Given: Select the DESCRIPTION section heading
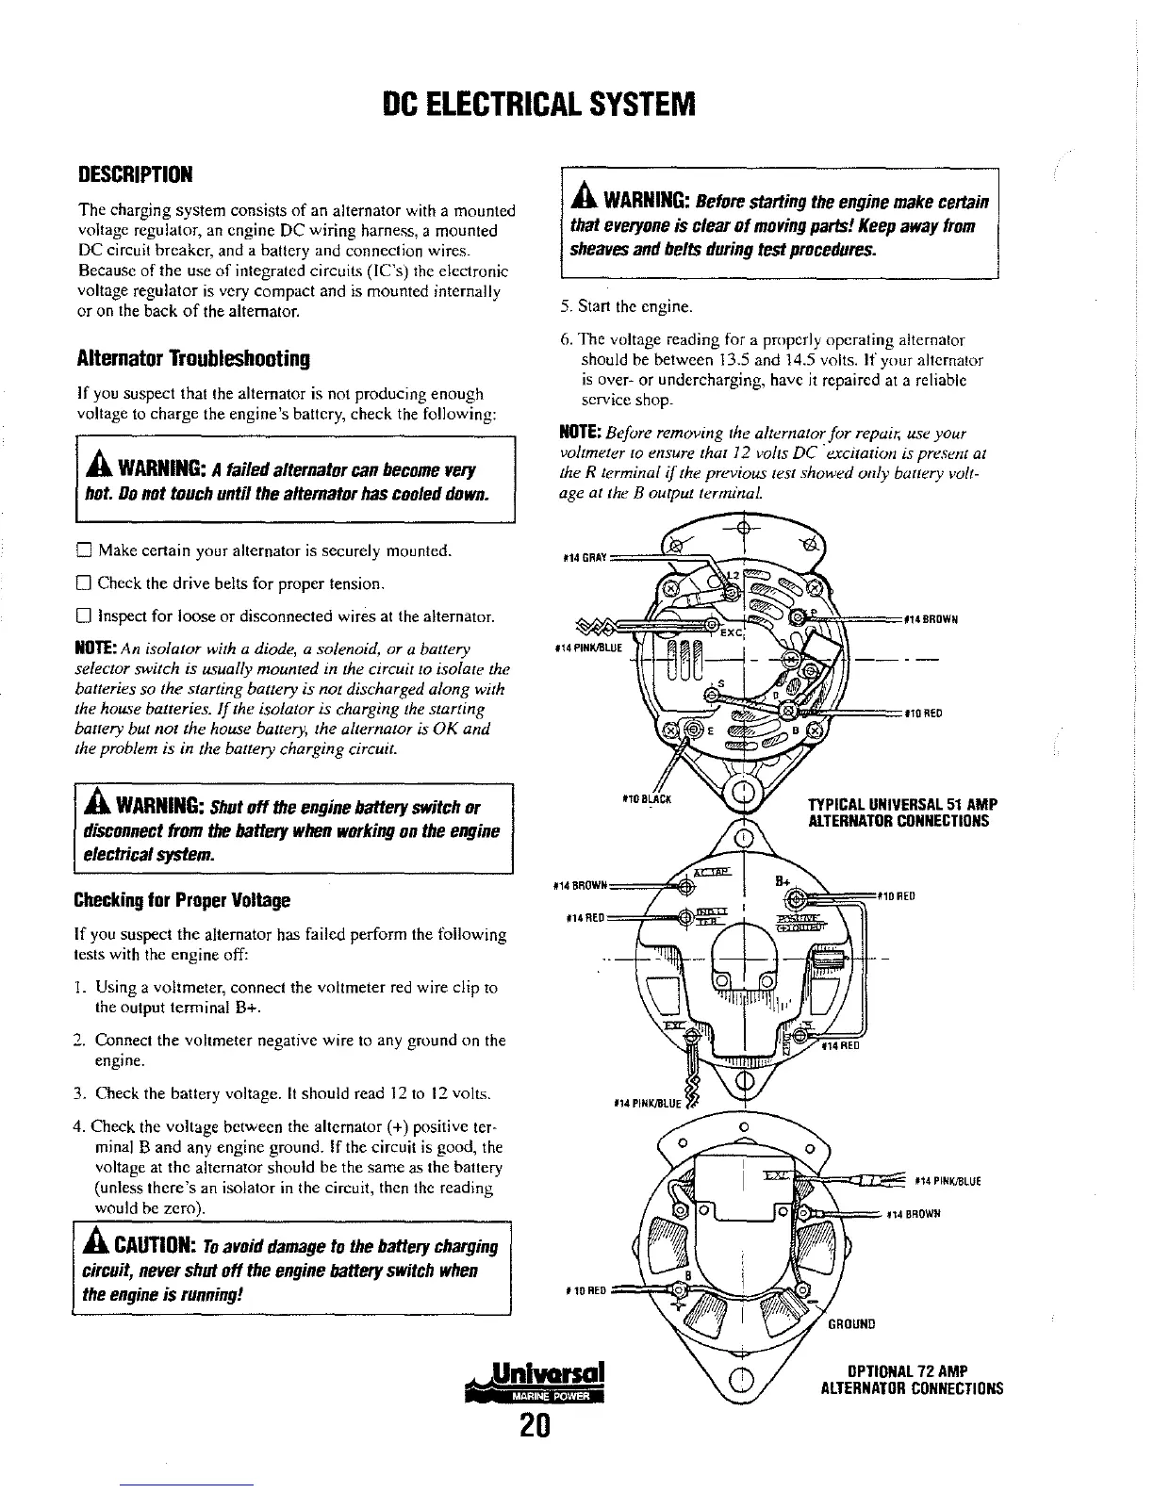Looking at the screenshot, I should (135, 175).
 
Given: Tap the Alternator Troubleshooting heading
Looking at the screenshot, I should (193, 359).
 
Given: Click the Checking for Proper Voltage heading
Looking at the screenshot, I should (181, 900).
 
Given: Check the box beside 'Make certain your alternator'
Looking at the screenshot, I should (83, 550).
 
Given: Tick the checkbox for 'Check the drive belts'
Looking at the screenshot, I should (83, 583).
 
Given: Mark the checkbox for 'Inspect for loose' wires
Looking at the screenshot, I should (83, 617).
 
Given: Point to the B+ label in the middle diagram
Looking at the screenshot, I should (782, 882).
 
